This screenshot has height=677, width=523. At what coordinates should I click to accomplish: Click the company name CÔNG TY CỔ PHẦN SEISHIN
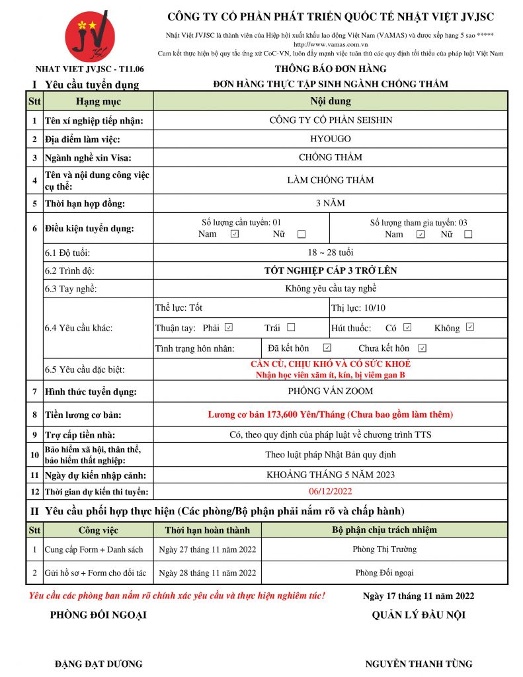click(331, 120)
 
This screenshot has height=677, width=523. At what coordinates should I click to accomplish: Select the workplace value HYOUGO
click(331, 139)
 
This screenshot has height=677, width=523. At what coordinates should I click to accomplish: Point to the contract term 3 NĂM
click(331, 203)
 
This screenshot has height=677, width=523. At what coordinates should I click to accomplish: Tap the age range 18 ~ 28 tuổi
click(331, 253)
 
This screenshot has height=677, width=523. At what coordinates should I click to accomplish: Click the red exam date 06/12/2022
click(331, 491)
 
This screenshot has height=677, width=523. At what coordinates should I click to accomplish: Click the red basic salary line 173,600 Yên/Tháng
click(331, 415)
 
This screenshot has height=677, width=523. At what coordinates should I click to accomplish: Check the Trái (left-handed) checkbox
click(291, 327)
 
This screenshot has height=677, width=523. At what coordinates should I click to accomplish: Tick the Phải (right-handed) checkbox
click(229, 327)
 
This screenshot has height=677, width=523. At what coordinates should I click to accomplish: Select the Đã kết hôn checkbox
click(327, 348)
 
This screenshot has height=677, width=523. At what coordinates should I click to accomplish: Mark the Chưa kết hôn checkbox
click(422, 348)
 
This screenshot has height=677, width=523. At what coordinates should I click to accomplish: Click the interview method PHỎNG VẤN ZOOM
click(331, 391)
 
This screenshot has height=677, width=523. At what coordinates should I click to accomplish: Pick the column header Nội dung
click(331, 101)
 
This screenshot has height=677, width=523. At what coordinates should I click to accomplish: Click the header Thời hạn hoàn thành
click(208, 530)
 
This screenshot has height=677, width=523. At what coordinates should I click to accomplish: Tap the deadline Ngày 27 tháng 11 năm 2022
click(208, 549)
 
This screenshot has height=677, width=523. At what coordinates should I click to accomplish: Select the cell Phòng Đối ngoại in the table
click(385, 573)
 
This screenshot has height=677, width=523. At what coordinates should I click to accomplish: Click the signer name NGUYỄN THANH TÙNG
click(419, 664)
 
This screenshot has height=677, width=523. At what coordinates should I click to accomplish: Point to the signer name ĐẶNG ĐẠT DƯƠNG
click(99, 664)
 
